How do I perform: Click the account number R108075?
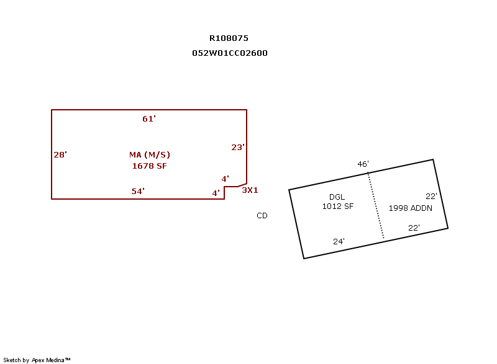point(229,38)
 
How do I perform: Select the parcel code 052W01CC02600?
point(230,53)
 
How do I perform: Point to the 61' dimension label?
point(149,119)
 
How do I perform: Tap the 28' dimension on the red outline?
point(60,154)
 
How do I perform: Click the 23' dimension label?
point(238,148)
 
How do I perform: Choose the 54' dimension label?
point(138,192)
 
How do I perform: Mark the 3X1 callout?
point(250,190)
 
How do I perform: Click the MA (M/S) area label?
point(150,154)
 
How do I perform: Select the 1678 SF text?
point(149,166)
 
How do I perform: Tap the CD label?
point(262,216)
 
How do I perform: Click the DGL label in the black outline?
point(337,197)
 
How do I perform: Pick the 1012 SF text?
point(338,206)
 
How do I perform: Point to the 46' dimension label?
point(363,164)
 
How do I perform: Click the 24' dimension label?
point(339,242)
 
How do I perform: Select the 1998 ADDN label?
point(411,208)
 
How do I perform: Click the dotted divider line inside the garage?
point(376,205)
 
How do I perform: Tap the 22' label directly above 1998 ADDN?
point(431,197)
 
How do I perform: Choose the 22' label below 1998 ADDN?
point(414,228)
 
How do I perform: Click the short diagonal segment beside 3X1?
point(242,185)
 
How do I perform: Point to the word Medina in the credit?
point(55,360)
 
